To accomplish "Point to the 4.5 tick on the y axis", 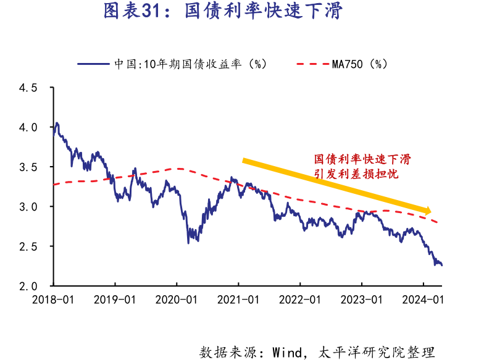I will click(x=27, y=88).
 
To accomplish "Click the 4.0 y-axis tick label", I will click(x=27, y=127).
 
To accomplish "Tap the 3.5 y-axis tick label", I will click(x=27, y=167).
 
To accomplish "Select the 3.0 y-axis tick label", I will click(x=27, y=207).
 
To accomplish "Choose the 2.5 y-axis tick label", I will click(x=27, y=246).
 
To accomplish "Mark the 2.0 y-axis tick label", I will click(x=27, y=286).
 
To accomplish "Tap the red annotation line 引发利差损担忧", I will click(x=356, y=174).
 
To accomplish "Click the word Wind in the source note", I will click(x=288, y=353).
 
